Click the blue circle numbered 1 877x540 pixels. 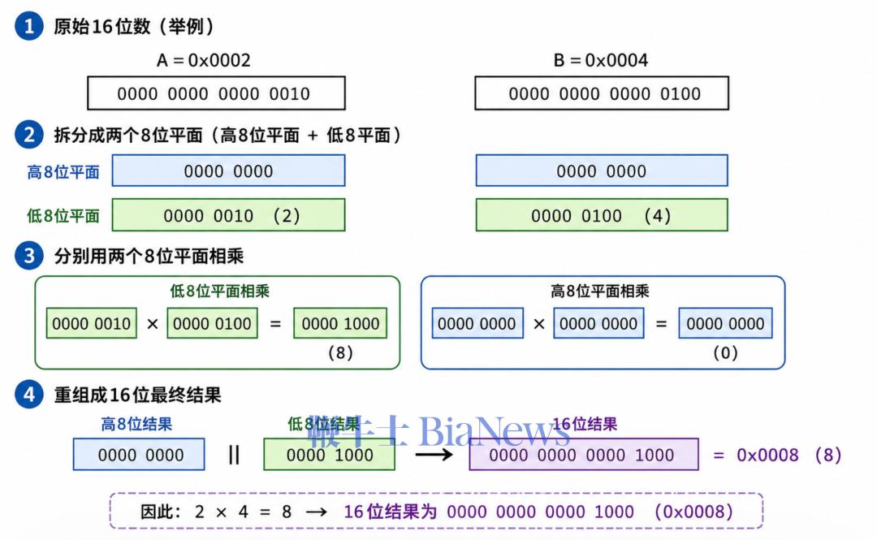[x=29, y=26]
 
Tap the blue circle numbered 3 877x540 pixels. [x=29, y=256]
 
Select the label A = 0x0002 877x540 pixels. [x=204, y=60]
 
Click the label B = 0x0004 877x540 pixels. [x=601, y=60]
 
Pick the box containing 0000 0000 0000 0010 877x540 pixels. [x=217, y=93]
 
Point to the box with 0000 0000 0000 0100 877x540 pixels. [x=602, y=93]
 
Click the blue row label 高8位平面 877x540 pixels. [x=63, y=172]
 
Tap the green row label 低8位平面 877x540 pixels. [x=63, y=215]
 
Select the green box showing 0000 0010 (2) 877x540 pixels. [x=229, y=215]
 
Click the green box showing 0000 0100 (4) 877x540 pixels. [x=602, y=215]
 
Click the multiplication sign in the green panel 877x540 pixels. [x=152, y=324]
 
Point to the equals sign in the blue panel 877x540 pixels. [x=661, y=324]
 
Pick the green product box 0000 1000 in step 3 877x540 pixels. [x=340, y=323]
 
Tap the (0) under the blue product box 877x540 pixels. [x=725, y=352]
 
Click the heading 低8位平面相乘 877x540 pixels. [x=220, y=291]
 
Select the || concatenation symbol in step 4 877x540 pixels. [x=234, y=455]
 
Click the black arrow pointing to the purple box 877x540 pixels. [x=434, y=455]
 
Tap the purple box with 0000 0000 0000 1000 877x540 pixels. [x=584, y=455]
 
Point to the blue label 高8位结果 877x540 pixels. [x=136, y=424]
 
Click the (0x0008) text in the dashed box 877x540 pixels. [x=693, y=512]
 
